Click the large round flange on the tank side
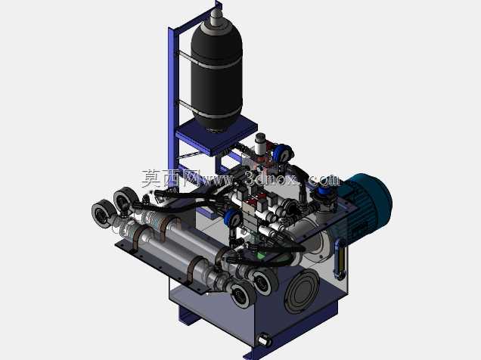pyautogui.click(x=302, y=290)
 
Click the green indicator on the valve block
pyautogui.click(x=261, y=255)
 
